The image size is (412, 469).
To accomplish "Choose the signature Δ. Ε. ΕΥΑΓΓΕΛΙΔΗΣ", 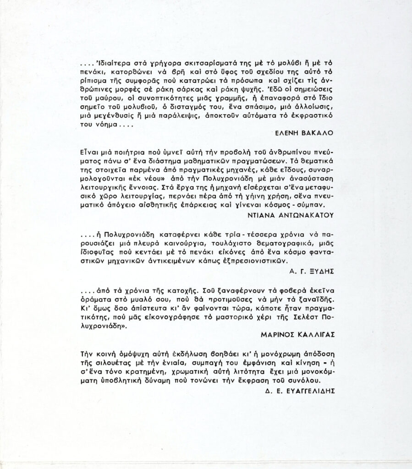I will pyautogui.click(x=300, y=391).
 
